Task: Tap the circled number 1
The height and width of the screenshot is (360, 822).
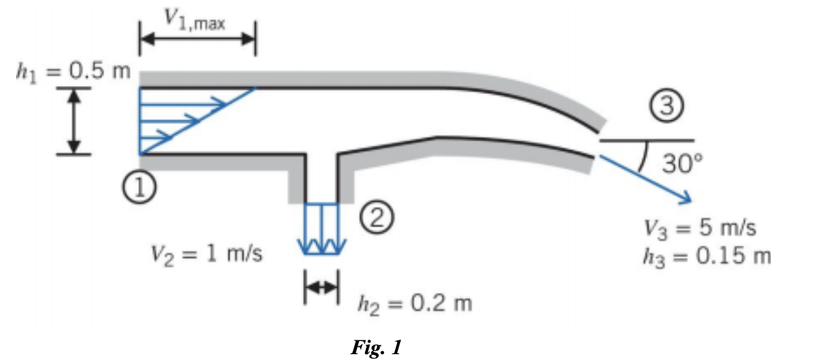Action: tap(142, 188)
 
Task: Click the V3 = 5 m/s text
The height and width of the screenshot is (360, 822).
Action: tap(700, 228)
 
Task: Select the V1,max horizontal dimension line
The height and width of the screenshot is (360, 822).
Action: tap(197, 41)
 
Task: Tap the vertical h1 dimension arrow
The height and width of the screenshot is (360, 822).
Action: tap(73, 121)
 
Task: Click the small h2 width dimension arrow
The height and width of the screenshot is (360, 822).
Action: tap(321, 289)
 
